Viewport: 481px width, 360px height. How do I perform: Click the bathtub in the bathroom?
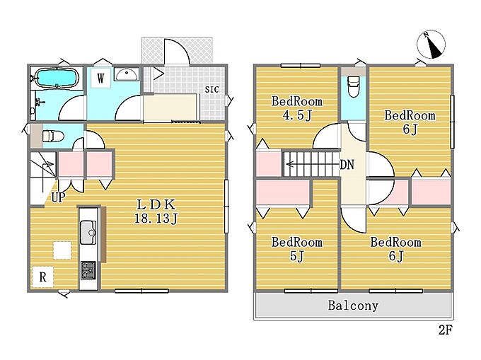[x=57, y=78]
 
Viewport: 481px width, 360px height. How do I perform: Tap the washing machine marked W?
[x=100, y=78]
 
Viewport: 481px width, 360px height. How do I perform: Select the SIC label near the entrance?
[x=212, y=89]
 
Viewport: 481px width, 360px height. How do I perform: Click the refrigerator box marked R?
[x=43, y=277]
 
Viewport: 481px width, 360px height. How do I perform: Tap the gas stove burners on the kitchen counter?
[x=88, y=270]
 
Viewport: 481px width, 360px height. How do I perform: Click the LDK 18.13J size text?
[x=156, y=211]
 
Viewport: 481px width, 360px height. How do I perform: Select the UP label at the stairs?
[x=58, y=197]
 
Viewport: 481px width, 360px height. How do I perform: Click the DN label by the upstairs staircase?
[x=347, y=165]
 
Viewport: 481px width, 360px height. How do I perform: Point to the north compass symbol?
[x=431, y=45]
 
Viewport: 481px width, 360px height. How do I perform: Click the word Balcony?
[x=353, y=306]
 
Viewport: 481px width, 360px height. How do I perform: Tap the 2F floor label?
[x=446, y=330]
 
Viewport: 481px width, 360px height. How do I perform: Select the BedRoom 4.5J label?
[x=296, y=108]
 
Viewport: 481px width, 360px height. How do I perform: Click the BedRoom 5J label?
[x=296, y=249]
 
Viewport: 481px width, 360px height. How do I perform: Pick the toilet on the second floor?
[x=354, y=87]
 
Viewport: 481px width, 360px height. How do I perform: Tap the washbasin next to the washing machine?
[x=127, y=74]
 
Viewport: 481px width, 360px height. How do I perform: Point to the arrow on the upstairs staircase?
[x=312, y=165]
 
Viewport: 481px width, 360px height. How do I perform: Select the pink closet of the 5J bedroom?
[x=282, y=192]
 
